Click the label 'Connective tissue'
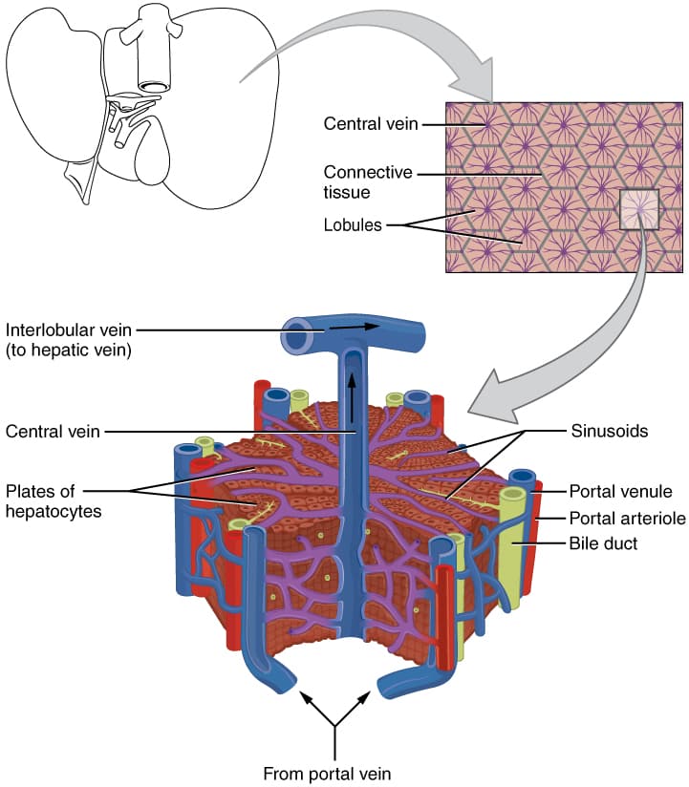(x=368, y=182)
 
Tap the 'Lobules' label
(x=353, y=226)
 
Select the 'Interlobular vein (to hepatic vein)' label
(x=69, y=340)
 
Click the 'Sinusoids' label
(x=610, y=431)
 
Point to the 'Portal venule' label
(x=621, y=492)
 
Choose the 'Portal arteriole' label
(x=625, y=519)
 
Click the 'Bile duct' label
(x=603, y=544)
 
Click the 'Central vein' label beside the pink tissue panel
(x=369, y=123)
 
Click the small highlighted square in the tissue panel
(x=637, y=209)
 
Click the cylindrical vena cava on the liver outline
(x=150, y=57)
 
